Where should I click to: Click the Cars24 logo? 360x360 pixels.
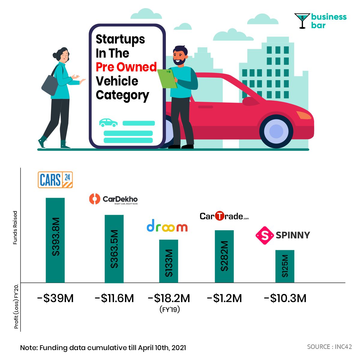[55, 180]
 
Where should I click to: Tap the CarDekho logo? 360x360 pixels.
[113, 199]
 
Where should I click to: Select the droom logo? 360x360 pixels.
[167, 226]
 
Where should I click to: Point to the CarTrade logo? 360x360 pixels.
[224, 216]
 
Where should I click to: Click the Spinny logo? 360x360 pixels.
[283, 235]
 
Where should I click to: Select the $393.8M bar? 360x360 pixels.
[55, 240]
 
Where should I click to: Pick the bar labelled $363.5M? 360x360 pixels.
[114, 249]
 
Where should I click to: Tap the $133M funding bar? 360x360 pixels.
[169, 261]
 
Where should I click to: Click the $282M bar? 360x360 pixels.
[224, 256]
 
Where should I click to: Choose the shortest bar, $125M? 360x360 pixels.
[285, 266]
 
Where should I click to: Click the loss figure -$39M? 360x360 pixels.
[55, 298]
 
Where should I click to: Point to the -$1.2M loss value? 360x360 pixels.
[224, 298]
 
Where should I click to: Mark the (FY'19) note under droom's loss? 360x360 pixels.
[169, 309]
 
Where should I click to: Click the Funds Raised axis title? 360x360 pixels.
[15, 228]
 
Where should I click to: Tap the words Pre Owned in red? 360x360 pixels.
[126, 67]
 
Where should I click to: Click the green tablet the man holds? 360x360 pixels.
[167, 78]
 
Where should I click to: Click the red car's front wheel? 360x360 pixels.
[276, 131]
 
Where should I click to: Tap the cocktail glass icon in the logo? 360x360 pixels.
[302, 20]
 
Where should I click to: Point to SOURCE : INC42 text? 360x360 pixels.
[329, 347]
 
